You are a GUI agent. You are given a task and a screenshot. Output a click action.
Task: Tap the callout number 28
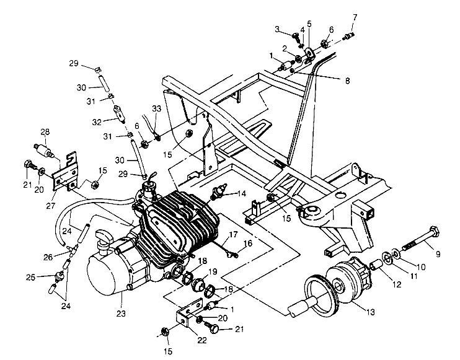click(x=44, y=131)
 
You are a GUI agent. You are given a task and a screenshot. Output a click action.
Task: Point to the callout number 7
click(x=355, y=17)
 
